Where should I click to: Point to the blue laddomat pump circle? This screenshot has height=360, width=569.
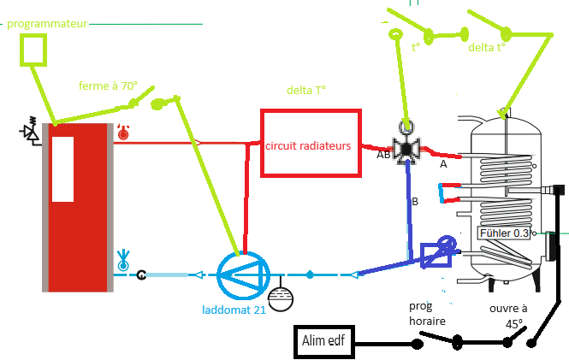(243, 274)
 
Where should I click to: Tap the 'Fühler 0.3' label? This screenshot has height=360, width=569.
(505, 233)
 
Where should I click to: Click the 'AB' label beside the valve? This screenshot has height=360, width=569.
(383, 156)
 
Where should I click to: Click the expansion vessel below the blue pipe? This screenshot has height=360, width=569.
(280, 300)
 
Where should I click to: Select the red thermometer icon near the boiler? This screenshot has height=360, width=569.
(123, 131)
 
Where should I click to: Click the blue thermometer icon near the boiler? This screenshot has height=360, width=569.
(123, 259)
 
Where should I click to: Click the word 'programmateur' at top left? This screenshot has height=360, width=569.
(47, 24)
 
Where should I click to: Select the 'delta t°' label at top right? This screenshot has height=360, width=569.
(487, 48)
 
